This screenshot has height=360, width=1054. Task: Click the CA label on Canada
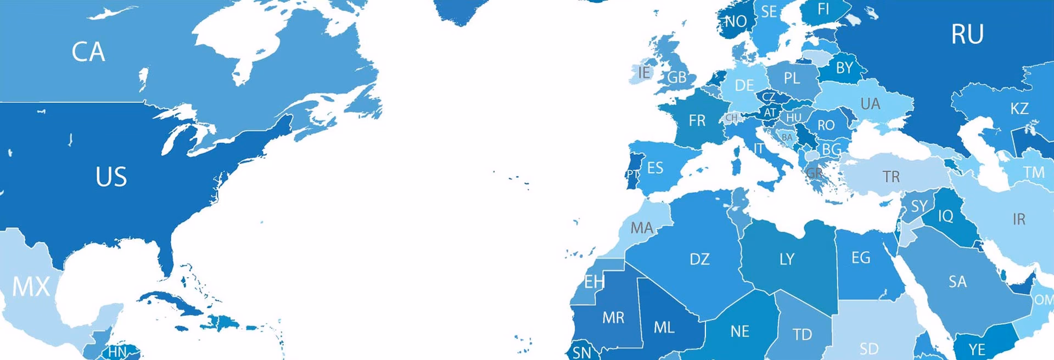pyautogui.click(x=88, y=52)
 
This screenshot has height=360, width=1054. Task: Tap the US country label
pyautogui.click(x=111, y=177)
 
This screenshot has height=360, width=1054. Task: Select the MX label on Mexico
pyautogui.click(x=31, y=286)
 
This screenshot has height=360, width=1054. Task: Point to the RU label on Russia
pyautogui.click(x=967, y=35)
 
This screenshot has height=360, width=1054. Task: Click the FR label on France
pyautogui.click(x=697, y=121)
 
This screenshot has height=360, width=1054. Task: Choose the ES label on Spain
pyautogui.click(x=655, y=168)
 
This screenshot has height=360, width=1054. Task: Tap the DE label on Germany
pyautogui.click(x=744, y=86)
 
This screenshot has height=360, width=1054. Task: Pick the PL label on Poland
pyautogui.click(x=792, y=78)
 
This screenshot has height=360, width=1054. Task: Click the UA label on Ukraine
pyautogui.click(x=870, y=104)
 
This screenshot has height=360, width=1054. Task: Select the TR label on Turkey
pyautogui.click(x=891, y=177)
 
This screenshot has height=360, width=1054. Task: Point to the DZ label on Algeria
pyautogui.click(x=699, y=259)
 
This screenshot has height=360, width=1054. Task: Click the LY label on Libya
pyautogui.click(x=787, y=259)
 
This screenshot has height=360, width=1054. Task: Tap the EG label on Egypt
pyautogui.click(x=861, y=257)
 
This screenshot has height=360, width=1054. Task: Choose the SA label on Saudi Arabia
pyautogui.click(x=957, y=282)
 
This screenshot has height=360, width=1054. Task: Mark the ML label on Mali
pyautogui.click(x=664, y=328)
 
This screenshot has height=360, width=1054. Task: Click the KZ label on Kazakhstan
pyautogui.click(x=1019, y=109)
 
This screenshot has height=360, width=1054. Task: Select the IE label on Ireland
pyautogui.click(x=644, y=72)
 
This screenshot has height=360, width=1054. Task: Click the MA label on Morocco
pyautogui.click(x=642, y=228)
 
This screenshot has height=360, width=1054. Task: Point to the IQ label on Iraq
pyautogui.click(x=945, y=216)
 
